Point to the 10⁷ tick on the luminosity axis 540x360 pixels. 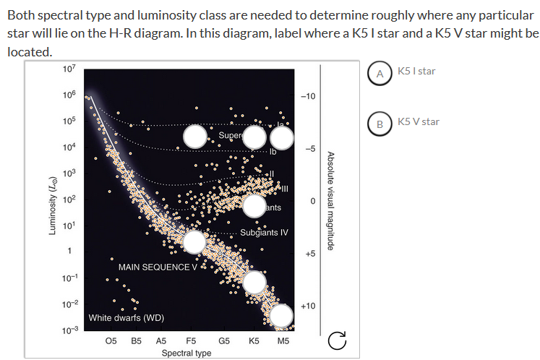tap(68, 69)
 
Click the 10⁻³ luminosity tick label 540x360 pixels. tap(67, 329)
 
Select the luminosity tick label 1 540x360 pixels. tap(69, 252)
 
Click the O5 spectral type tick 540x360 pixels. tap(111, 340)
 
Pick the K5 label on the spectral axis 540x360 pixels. tap(254, 340)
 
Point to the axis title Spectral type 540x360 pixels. tap(187, 353)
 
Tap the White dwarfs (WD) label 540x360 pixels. tap(127, 317)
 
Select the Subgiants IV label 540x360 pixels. tap(264, 233)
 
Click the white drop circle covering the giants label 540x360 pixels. tap(255, 206)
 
